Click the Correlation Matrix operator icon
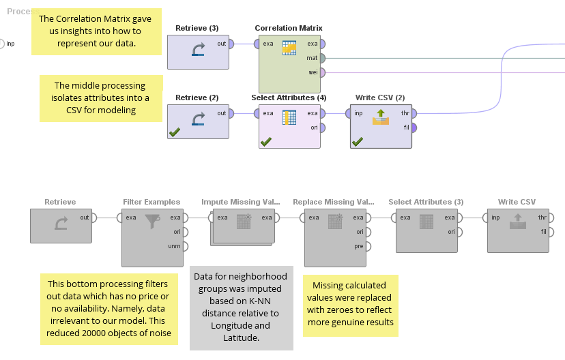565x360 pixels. (x=289, y=48)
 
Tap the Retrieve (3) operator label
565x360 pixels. (x=197, y=28)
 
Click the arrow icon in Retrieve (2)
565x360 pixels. (x=198, y=119)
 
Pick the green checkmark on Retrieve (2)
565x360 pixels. (x=175, y=132)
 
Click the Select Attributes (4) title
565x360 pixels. (x=289, y=97)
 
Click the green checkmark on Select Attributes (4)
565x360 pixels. (x=266, y=141)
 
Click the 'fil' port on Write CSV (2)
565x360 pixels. (x=414, y=127)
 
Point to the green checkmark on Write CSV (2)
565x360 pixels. (x=357, y=141)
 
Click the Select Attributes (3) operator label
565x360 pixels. (x=426, y=202)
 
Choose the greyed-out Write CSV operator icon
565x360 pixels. (x=517, y=222)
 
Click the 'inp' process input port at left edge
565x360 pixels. (x=2, y=44)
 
